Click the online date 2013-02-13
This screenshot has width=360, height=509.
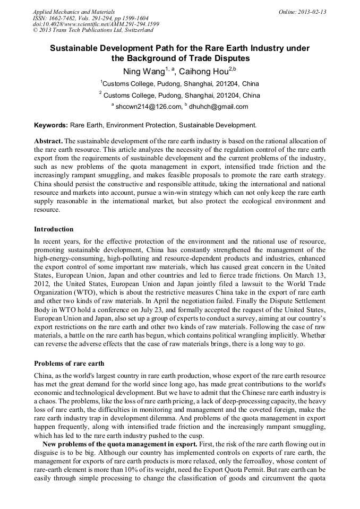[x=312, y=12]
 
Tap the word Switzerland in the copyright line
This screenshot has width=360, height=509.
[x=133, y=31]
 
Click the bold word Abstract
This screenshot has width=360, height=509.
[x=48, y=141]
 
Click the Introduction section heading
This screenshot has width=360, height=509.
[x=54, y=229]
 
